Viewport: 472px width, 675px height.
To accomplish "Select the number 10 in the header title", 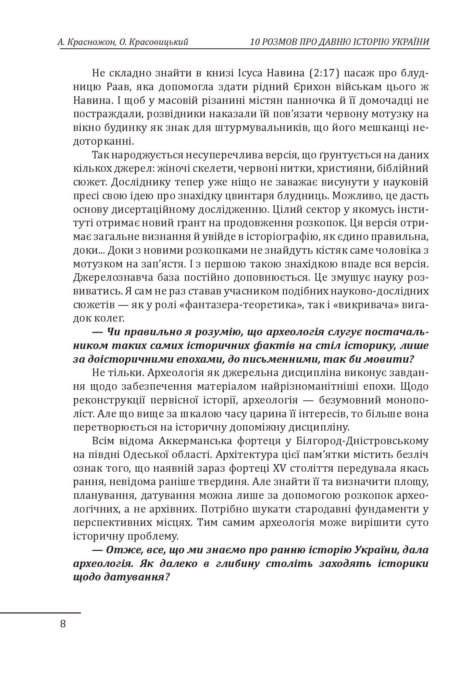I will pyautogui.click(x=254, y=42).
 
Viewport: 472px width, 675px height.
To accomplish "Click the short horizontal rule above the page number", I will pyautogui.click(x=40, y=613).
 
